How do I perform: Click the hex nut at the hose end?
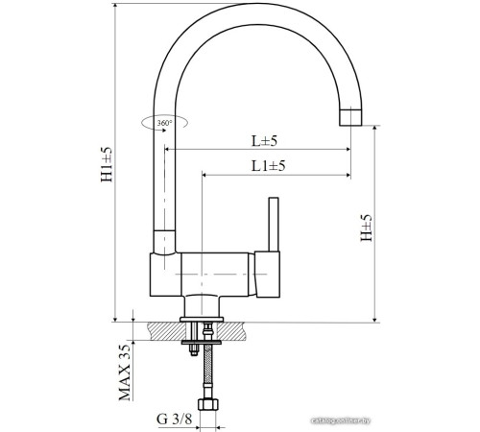point(204,399)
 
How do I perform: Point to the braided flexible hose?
point(204,370)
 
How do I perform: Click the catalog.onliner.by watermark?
point(420,420)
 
